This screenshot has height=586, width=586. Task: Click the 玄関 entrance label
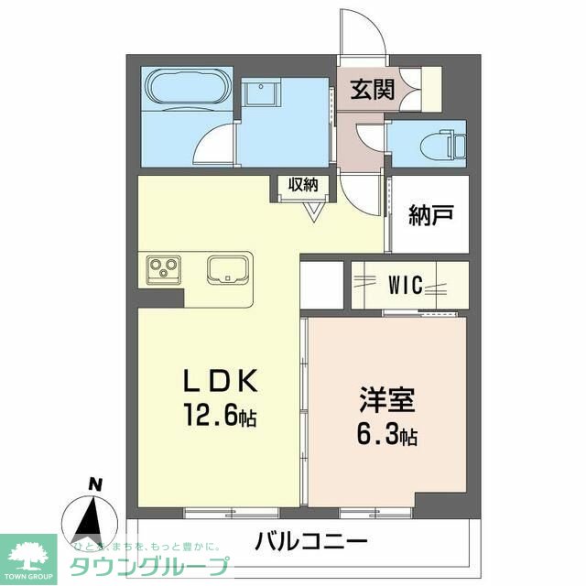coord(371,90)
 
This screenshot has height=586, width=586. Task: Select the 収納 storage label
coord(303,184)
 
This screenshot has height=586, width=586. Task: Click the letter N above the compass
coord(93,484)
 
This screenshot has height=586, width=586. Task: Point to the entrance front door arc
coord(362,32)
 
